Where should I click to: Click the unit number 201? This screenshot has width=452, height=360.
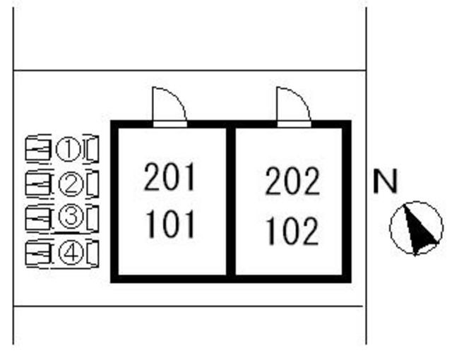click(169, 177)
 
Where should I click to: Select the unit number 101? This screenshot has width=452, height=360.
click(169, 224)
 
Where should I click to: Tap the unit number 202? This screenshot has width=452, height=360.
click(292, 181)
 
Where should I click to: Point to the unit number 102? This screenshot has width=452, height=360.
click(293, 232)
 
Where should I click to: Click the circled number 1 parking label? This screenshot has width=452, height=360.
click(69, 150)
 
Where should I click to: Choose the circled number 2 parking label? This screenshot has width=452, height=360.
click(71, 184)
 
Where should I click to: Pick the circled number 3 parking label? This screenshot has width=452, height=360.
click(71, 217)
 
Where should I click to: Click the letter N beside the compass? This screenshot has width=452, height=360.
click(385, 181)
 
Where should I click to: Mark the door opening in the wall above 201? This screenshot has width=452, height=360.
click(169, 124)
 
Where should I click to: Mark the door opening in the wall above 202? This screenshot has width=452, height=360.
click(294, 124)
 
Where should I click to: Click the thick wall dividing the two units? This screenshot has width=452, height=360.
click(231, 201)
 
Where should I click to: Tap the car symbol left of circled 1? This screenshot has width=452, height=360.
click(38, 150)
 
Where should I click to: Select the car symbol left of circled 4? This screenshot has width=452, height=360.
click(38, 253)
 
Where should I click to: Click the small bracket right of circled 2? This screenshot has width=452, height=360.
click(93, 184)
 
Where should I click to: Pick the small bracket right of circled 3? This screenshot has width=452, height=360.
click(93, 218)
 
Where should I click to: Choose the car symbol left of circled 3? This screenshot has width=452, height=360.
click(38, 218)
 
